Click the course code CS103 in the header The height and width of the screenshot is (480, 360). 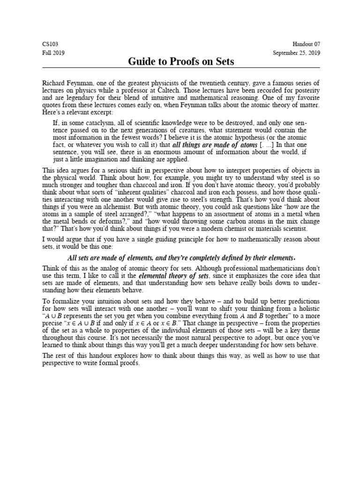49,44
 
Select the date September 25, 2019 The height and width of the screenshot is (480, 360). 297,53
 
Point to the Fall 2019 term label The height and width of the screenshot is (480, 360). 53,53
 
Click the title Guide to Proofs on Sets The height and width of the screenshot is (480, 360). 180,61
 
